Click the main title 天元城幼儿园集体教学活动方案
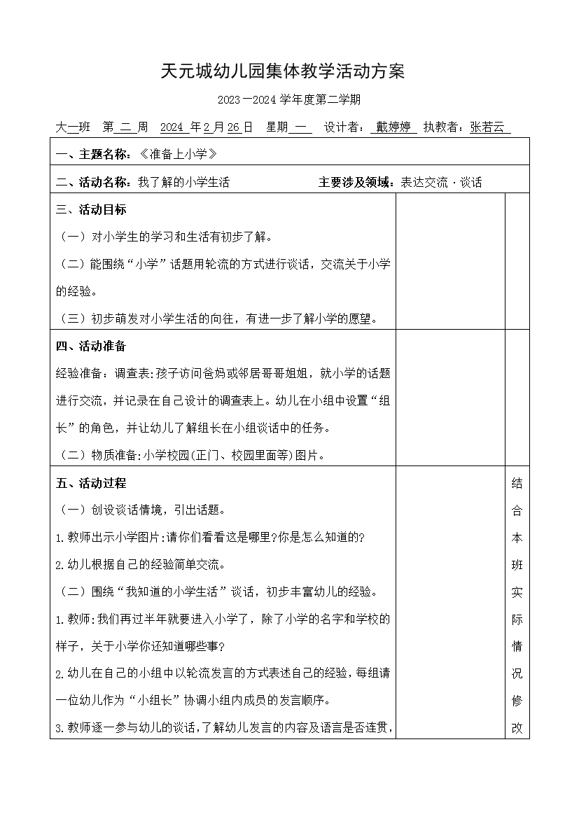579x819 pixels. pos(283,72)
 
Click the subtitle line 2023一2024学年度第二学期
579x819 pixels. pos(288,100)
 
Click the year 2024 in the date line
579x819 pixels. pos(172,127)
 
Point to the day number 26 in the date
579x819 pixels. pos(235,127)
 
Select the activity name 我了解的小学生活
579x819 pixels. pos(183,183)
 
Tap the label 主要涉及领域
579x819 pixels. pos(356,183)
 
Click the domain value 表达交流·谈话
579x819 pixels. pos(441,183)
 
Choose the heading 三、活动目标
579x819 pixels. pos(91,209)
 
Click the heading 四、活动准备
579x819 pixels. pos(91,346)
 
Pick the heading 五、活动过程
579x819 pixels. pos(91,483)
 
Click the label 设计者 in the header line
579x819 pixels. pos(343,127)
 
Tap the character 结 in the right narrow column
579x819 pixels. pos(517,483)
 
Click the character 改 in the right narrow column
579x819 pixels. pos(517,728)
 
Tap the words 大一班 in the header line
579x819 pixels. pos(74,127)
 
